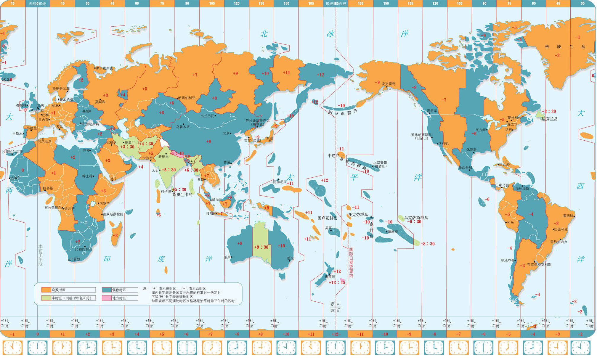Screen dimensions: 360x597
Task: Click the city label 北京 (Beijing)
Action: pos(226,133)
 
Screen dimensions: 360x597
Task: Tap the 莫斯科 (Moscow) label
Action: pos(100,102)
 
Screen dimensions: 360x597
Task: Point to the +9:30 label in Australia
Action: pos(261,247)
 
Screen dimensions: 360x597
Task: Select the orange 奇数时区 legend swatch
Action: pos(46,290)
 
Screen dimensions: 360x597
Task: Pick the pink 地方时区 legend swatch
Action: pos(107,298)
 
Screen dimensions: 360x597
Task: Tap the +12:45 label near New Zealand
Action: pos(337,282)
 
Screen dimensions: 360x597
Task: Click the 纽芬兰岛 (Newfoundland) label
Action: pos(550,119)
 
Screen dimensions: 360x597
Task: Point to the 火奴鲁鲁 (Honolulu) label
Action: pos(380,163)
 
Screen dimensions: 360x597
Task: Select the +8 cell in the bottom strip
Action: pos(237,334)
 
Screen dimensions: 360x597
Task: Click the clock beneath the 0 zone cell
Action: pos(37,348)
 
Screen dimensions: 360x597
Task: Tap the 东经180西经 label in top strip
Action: pos(336,4)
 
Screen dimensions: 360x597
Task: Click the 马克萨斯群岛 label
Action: pos(416,218)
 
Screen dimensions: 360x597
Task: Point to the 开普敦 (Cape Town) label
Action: pos(75,259)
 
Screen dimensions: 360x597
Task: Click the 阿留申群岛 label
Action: pos(343,112)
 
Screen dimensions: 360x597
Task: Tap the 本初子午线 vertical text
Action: pos(41,255)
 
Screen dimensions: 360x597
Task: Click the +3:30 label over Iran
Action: pos(127,147)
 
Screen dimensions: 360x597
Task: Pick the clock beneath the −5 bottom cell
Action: pos(508,348)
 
